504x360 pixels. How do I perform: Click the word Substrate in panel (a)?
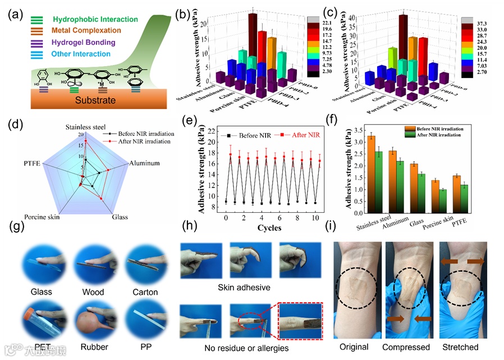coord(90,101)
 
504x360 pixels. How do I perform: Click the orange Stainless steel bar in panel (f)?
coord(371,174)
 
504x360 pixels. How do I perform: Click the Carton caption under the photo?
coord(145,292)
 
